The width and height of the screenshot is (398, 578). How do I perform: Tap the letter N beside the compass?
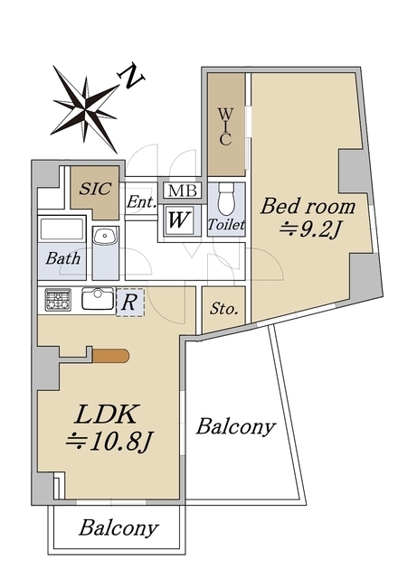coord(135,79)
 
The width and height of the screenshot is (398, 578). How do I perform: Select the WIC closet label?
coord(226,127)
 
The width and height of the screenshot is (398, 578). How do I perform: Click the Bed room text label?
coord(308,207)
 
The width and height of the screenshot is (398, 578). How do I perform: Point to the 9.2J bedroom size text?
coord(309,229)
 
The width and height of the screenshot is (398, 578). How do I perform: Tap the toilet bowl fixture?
coord(225,197)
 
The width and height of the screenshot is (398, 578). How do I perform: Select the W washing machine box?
coord(178,218)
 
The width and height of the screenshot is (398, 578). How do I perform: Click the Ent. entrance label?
coord(140,201)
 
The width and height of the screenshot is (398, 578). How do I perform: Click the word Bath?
coord(62,258)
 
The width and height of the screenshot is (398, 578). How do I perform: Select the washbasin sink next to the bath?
coord(104,237)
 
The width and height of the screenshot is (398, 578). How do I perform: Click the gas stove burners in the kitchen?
coord(58,298)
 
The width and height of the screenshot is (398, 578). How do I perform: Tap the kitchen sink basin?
coord(96,298)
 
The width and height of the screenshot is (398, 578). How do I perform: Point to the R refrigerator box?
coord(130,302)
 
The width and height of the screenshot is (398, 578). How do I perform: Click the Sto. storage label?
coord(223,309)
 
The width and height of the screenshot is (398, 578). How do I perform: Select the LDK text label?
coord(105,415)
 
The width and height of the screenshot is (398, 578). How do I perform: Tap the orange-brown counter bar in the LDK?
coord(110,356)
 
